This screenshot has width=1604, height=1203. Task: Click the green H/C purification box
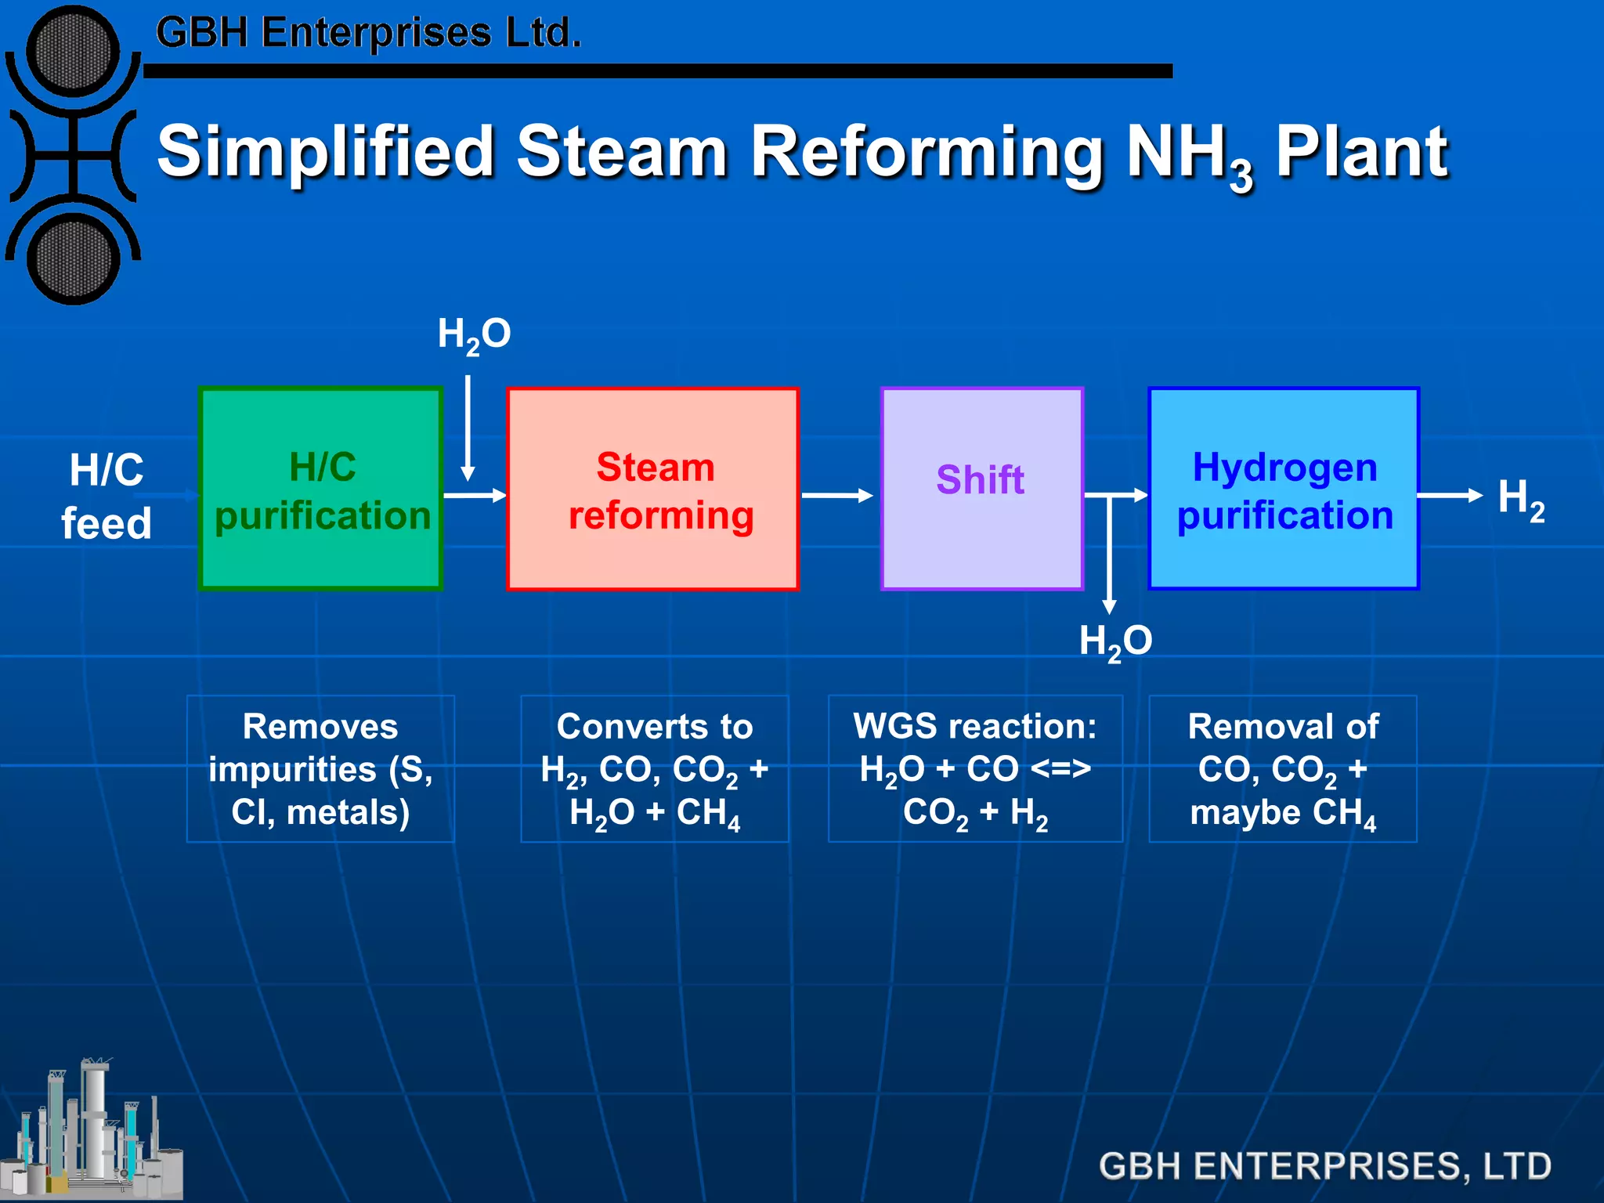point(321,489)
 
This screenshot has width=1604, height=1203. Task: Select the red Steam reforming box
point(652,489)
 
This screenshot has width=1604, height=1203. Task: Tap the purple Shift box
point(982,489)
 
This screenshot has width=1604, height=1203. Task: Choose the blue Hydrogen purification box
point(1284,489)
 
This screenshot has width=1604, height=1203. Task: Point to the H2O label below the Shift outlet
point(1115,641)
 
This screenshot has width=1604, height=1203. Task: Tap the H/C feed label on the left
point(107,497)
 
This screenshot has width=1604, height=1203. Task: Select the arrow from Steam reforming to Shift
point(836,495)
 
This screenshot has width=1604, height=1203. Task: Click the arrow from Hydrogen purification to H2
point(1449,495)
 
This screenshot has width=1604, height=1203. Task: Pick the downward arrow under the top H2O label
point(468,427)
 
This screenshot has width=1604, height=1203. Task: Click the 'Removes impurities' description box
point(320,769)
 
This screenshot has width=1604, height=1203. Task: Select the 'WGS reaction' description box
point(975,769)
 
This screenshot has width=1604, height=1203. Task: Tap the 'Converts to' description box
point(655,769)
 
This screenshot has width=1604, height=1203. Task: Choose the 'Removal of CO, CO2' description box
point(1283,769)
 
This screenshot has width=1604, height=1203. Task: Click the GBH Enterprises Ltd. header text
point(368,34)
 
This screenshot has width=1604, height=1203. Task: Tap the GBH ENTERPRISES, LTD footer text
point(1324,1166)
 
